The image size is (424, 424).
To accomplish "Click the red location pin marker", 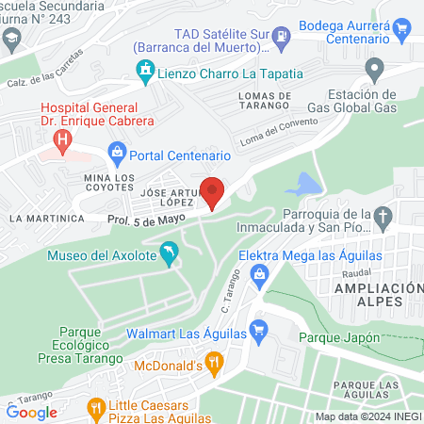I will (x=214, y=191).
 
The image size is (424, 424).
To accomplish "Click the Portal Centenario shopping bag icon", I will (x=117, y=150).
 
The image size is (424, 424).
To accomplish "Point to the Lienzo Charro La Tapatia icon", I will (x=145, y=70).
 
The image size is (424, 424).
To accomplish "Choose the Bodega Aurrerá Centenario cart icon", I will (x=405, y=28).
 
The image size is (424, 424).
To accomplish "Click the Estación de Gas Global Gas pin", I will (x=375, y=68).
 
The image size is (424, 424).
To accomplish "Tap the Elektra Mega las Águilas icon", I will (x=264, y=274).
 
